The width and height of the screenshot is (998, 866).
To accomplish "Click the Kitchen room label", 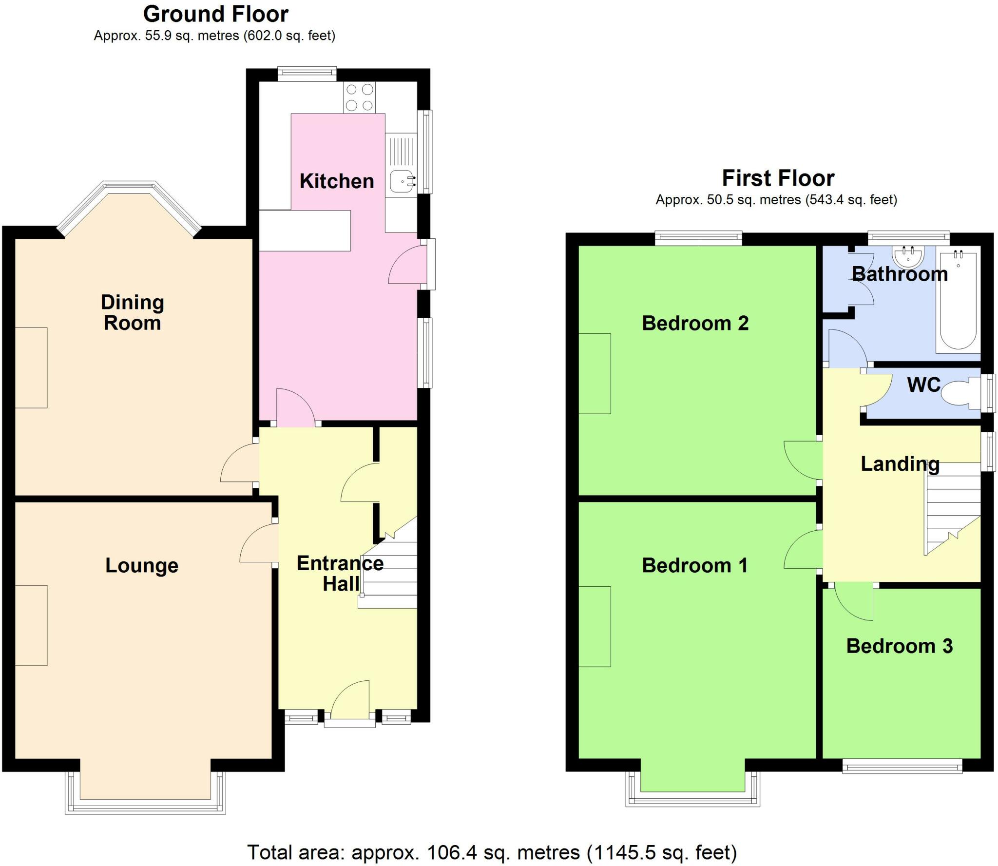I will (336, 181).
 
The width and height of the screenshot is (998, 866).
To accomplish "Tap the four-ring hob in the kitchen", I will (360, 97).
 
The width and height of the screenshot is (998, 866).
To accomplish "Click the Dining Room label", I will (132, 313).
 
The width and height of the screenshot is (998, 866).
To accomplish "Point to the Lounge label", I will (142, 565).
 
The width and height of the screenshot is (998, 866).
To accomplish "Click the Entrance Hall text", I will (340, 574).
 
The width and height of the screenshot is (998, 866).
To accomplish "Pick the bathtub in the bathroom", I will (958, 302).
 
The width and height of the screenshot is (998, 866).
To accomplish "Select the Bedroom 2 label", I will (695, 324).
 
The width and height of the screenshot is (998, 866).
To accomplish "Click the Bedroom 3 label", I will (899, 646).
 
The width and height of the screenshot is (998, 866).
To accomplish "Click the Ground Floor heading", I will (215, 14).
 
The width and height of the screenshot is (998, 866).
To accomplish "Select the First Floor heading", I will (778, 178).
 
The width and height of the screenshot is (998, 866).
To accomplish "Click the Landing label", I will (900, 464).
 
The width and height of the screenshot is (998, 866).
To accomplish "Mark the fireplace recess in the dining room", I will (31, 367).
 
